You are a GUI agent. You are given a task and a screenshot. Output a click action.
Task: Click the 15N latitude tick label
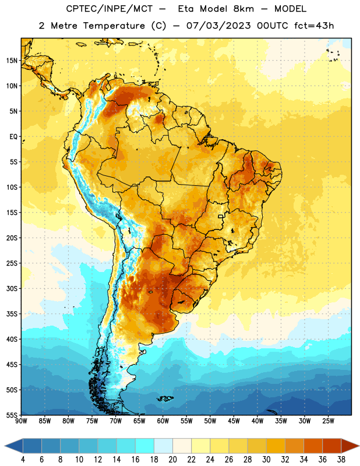point(12,61)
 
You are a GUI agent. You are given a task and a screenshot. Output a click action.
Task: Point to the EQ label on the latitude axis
point(13,137)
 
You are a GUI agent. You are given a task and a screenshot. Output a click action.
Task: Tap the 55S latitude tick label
point(12,415)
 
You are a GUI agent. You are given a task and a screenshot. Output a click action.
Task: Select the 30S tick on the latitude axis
point(12,288)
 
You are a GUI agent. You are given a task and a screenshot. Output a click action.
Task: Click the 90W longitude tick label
point(21,421)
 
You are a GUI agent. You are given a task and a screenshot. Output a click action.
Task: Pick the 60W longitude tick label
point(163,421)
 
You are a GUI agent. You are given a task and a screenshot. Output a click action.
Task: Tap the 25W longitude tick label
point(328,421)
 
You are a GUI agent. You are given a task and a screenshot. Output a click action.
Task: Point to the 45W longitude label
point(234,421)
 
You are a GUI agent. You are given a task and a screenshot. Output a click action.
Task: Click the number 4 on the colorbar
point(23,460)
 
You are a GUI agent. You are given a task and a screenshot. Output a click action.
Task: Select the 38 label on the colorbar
point(341,460)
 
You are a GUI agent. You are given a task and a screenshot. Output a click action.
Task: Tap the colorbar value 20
point(172,460)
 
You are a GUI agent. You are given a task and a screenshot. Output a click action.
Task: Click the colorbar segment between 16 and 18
point(145,446)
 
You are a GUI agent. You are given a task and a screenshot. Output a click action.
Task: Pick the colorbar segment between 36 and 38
point(332,446)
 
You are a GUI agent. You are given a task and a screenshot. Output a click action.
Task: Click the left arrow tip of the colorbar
point(5,446)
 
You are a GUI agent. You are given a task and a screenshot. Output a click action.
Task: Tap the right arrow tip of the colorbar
point(359,446)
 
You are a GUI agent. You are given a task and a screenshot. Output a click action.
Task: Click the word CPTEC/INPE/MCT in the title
point(110,9)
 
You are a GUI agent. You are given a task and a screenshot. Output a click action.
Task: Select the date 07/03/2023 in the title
point(218,26)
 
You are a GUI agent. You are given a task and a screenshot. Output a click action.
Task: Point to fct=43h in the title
point(314,26)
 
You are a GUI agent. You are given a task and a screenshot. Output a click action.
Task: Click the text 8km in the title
point(243,9)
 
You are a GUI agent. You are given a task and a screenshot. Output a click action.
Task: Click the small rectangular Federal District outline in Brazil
point(221,216)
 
